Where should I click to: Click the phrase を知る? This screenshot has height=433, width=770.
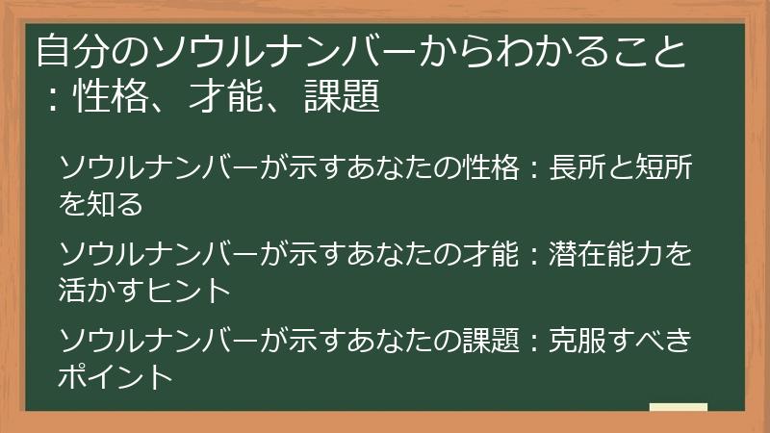click(101, 204)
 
